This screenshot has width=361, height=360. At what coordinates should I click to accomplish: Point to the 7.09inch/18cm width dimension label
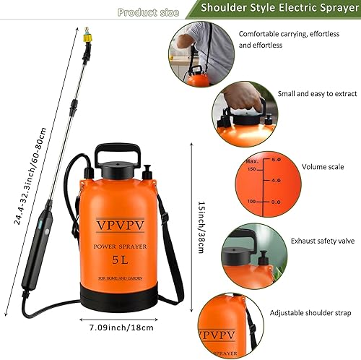(121, 327)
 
